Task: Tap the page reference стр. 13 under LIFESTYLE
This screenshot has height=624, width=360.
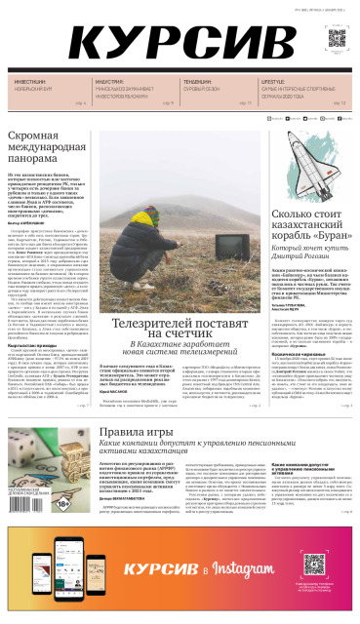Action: click(x=339, y=101)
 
